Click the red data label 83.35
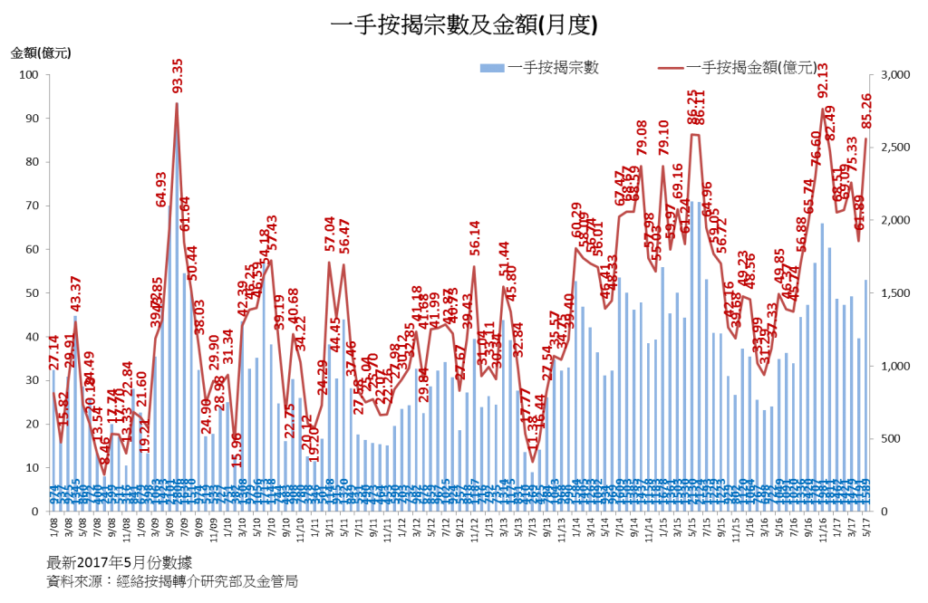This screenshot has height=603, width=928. [178, 76]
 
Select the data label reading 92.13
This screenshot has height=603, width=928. [823, 81]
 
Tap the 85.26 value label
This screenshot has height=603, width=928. [867, 110]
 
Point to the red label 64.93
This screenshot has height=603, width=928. [161, 189]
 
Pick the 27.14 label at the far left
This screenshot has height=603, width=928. [53, 352]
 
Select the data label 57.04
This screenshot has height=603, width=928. [330, 234]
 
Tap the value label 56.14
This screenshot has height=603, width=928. [474, 238]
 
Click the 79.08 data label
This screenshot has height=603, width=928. [642, 138]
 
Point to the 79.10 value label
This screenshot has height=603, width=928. [664, 138]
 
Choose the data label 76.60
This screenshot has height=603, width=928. [816, 148]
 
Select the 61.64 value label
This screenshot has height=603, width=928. [185, 214]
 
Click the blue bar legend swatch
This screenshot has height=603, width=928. [491, 68]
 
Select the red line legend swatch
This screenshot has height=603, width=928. [671, 68]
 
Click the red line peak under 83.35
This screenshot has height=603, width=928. [177, 102]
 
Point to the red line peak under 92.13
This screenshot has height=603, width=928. [822, 108]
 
